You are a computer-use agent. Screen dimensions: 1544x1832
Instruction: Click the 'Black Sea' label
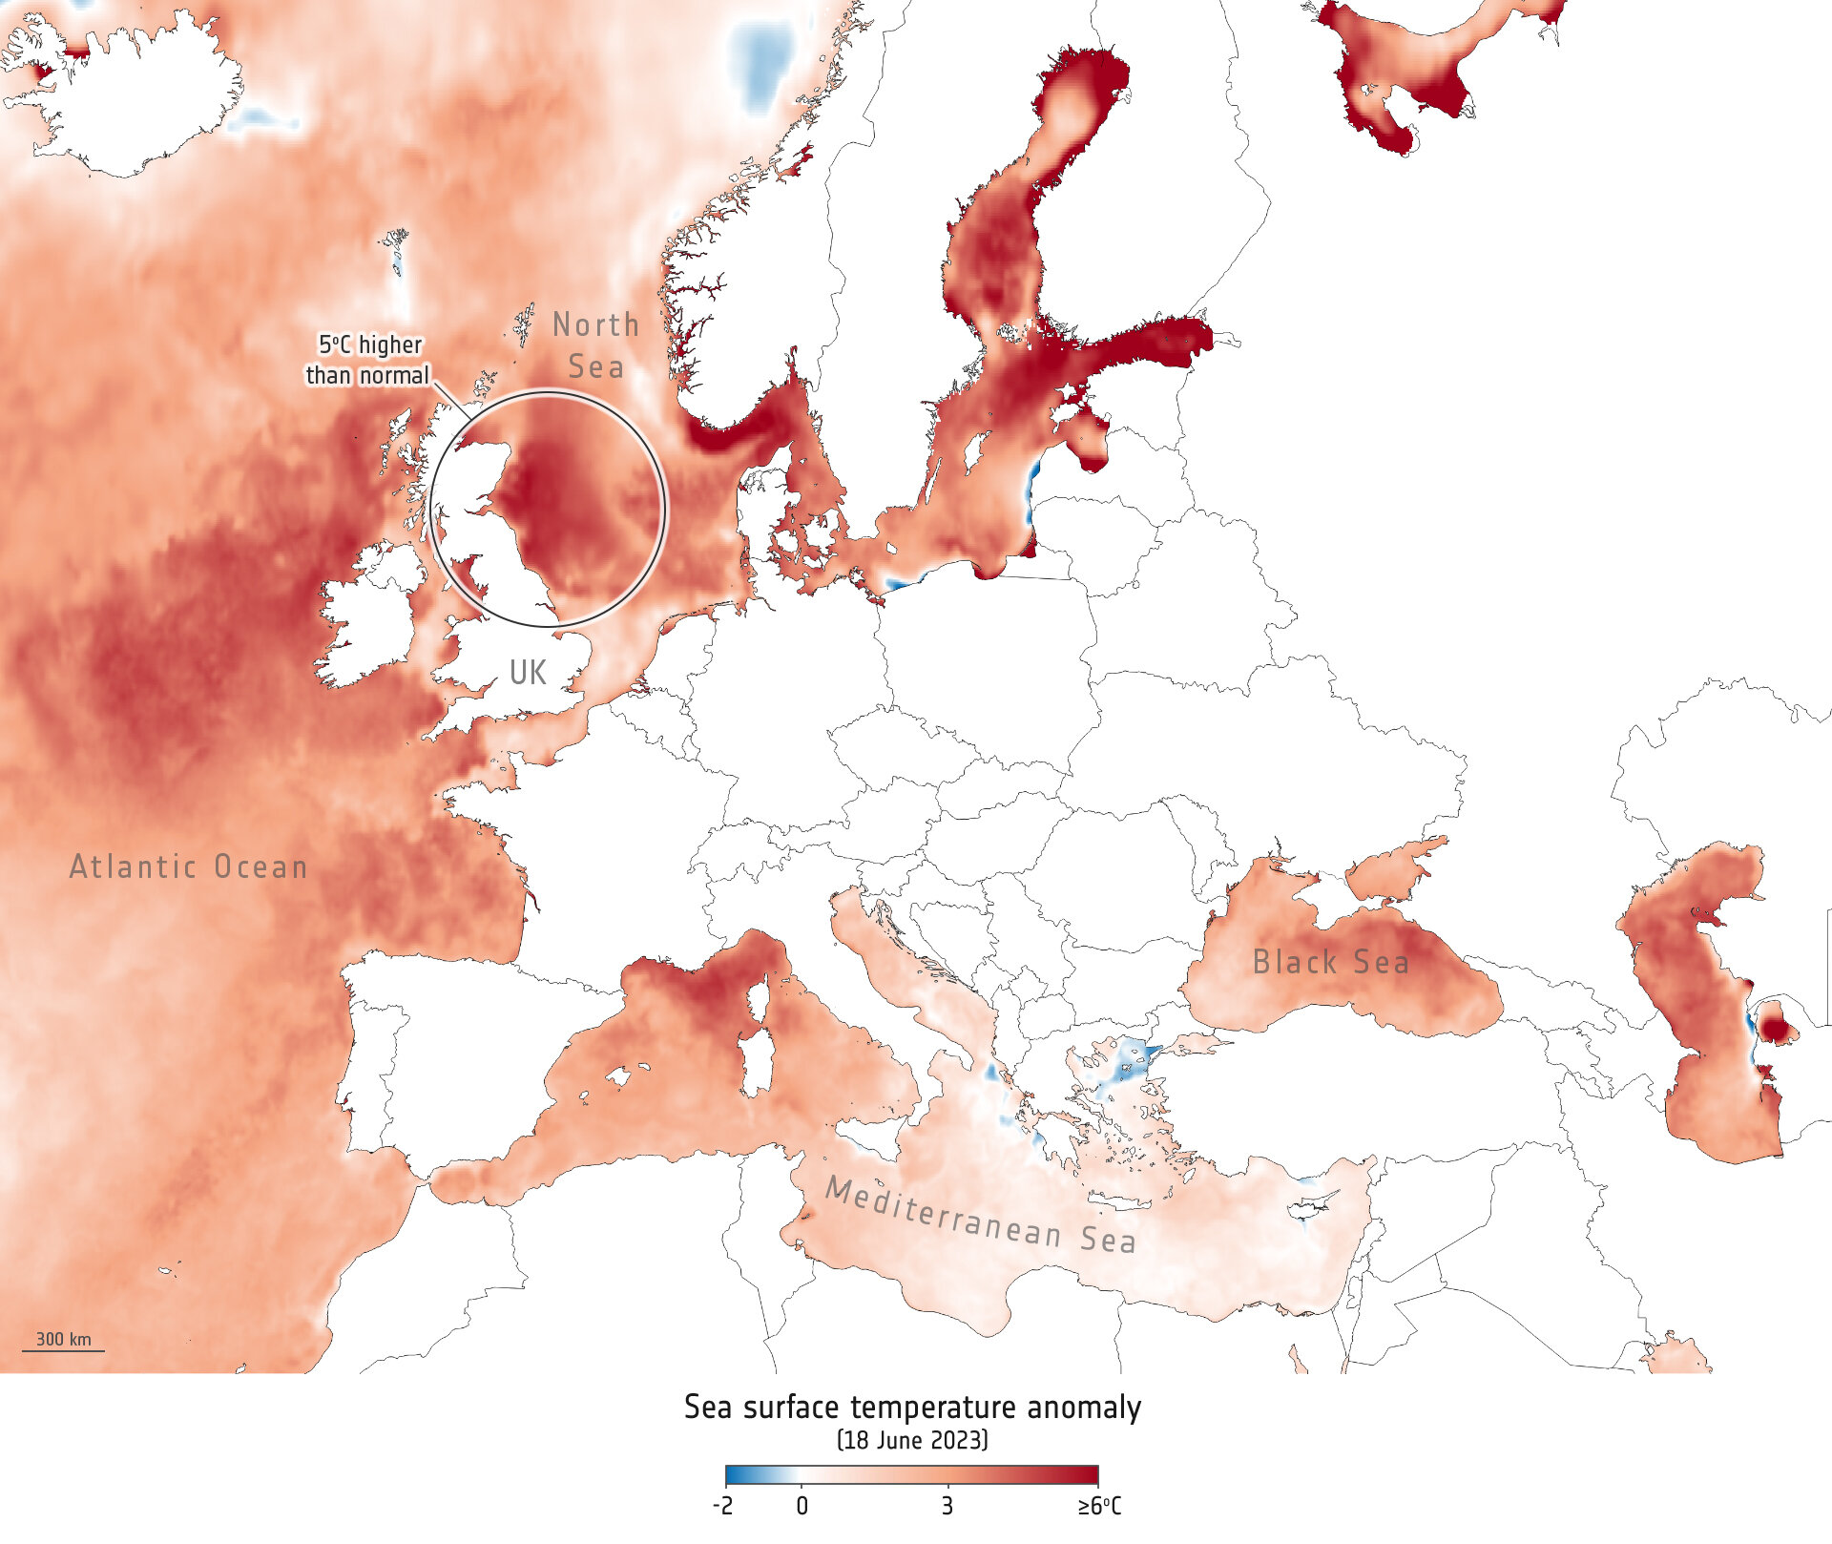1330,962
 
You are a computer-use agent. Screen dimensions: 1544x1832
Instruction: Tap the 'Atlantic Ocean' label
188,866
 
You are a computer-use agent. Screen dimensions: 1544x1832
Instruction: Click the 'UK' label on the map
528,673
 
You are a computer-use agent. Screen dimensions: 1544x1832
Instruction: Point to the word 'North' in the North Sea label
595,325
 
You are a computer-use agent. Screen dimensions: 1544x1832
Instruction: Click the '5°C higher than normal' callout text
368,360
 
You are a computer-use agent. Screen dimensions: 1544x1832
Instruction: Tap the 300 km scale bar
63,1343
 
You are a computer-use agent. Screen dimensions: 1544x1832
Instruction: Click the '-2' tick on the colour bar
723,1506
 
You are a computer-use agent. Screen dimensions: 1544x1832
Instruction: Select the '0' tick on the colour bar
801,1506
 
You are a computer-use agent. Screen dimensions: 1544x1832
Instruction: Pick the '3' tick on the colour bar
947,1506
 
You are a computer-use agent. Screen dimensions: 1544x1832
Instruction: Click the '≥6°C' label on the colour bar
1099,1506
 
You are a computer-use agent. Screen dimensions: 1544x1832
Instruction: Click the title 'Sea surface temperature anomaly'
912,1408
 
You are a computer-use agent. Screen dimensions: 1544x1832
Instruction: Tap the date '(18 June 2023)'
912,1440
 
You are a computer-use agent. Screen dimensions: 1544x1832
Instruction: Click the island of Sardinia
757,1064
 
